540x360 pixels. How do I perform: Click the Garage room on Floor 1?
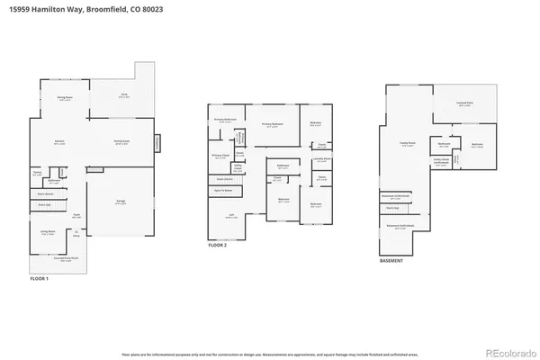pos(120,202)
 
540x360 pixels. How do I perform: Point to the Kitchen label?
pos(59,142)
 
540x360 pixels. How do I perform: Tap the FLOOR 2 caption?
pos(218,245)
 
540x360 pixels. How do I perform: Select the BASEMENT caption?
pos(392,261)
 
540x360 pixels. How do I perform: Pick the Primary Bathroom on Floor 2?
pos(225,120)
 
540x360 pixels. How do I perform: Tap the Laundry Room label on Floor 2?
pos(322,159)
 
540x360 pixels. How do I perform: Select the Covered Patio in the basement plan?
pos(465,104)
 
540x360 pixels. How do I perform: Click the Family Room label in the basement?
pos(407,142)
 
